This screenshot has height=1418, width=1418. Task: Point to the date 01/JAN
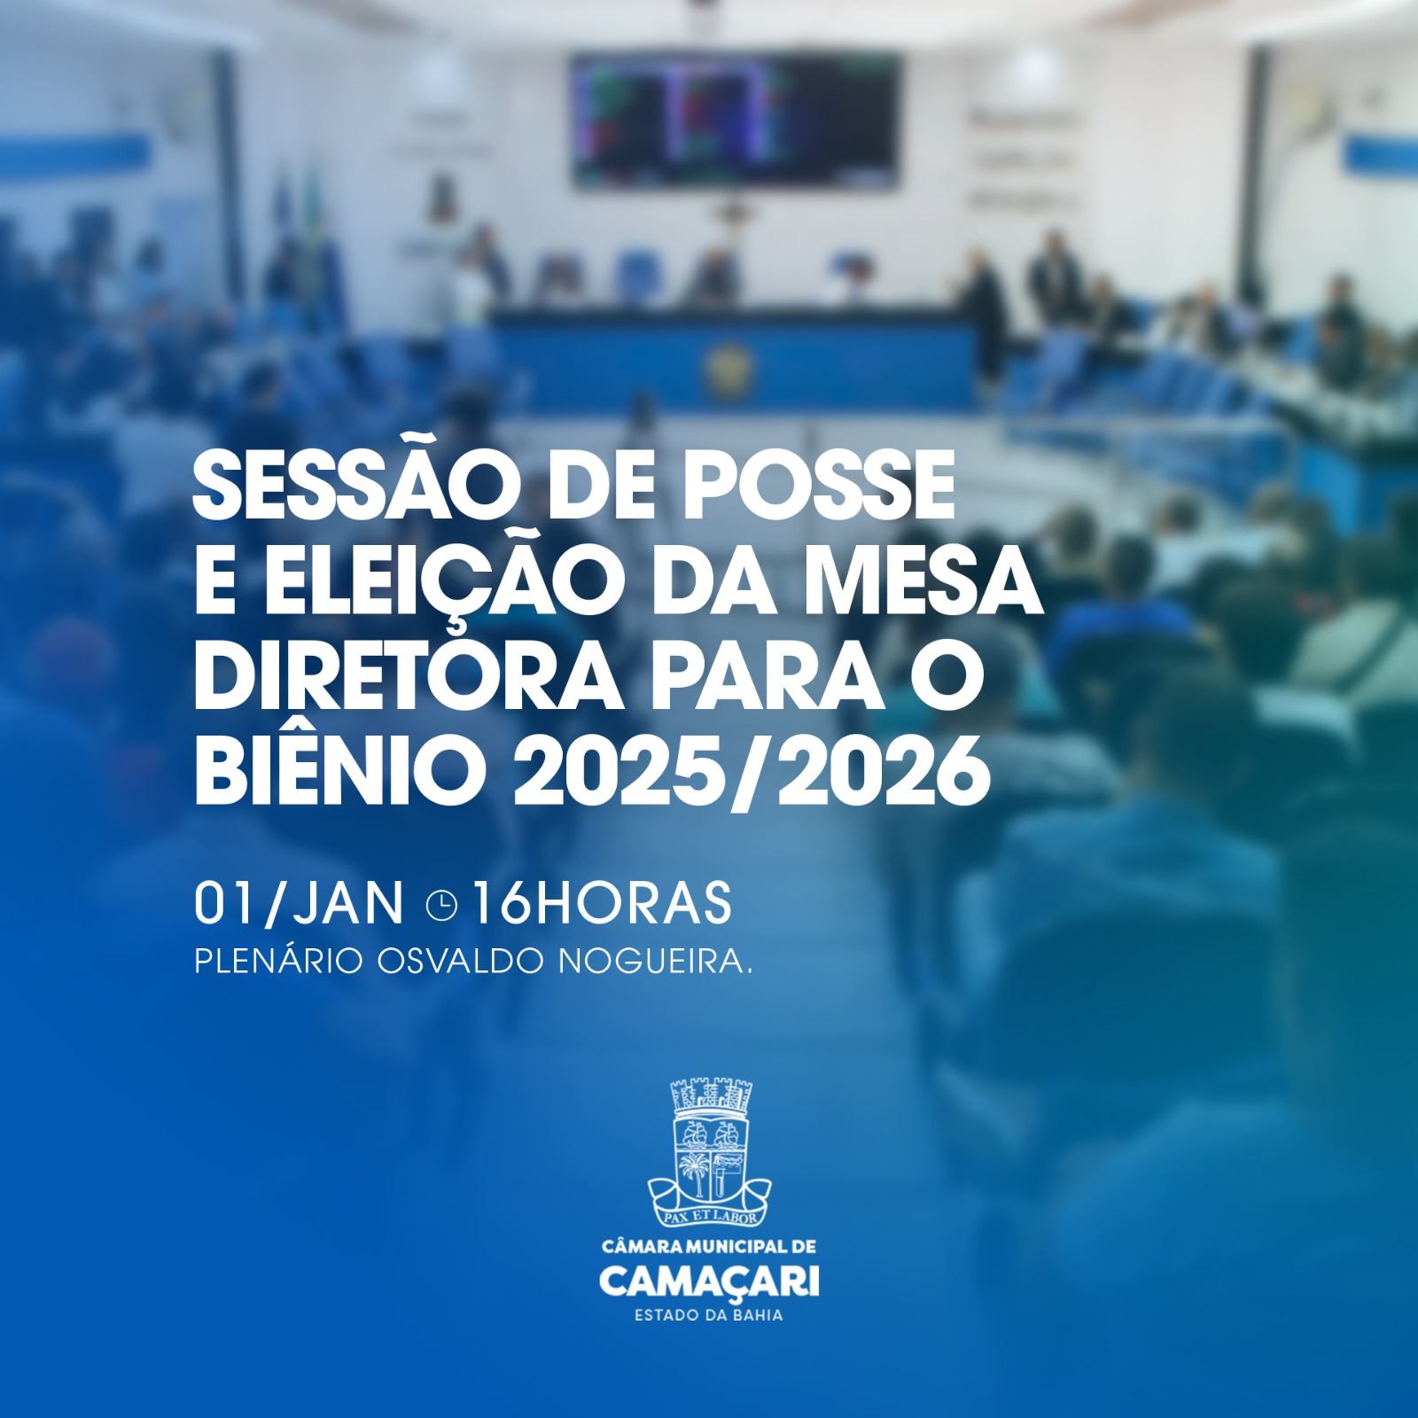pyautogui.click(x=299, y=903)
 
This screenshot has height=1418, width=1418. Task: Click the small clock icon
pyautogui.click(x=441, y=905)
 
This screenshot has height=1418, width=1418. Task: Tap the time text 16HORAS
pyautogui.click(x=602, y=903)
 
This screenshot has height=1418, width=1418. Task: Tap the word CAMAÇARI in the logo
pyautogui.click(x=709, y=1282)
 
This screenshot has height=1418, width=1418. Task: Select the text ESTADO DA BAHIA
pyautogui.click(x=709, y=1315)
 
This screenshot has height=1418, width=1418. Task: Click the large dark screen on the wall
pyautogui.click(x=734, y=120)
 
